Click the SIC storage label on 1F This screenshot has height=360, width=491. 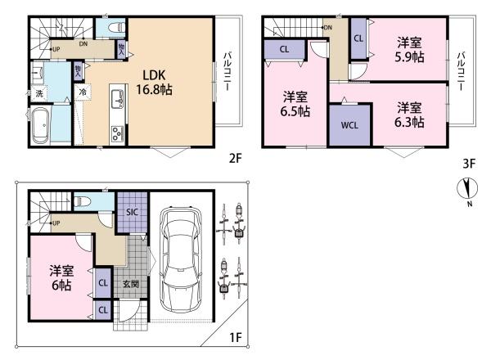pyautogui.click(x=132, y=214)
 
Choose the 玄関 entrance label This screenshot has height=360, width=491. pyautogui.click(x=132, y=284)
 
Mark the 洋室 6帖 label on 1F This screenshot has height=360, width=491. pyautogui.click(x=60, y=278)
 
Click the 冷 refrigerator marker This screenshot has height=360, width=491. pyautogui.click(x=84, y=92)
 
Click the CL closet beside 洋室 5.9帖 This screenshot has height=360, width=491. pyautogui.click(x=358, y=38)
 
